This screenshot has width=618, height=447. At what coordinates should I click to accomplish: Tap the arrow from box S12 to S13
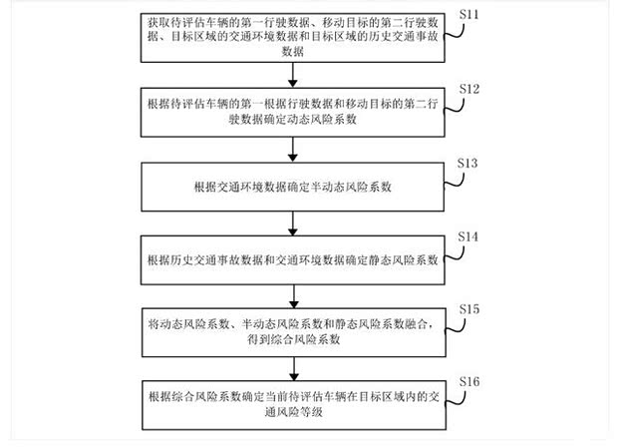[291, 150]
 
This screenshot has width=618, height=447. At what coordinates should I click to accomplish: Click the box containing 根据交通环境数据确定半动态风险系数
[291, 187]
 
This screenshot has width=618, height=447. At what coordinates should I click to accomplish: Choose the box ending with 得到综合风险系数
[291, 331]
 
